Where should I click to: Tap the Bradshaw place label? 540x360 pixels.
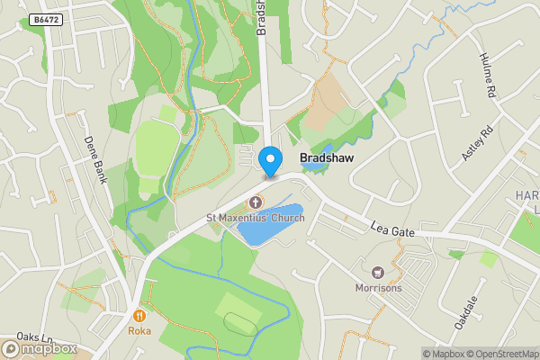[325, 157]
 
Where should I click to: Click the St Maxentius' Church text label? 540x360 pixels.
[255, 218]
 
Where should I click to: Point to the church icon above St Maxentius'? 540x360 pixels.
[255, 202]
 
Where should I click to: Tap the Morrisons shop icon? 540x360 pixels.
[377, 271]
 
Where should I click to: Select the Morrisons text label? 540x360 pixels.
[377, 288]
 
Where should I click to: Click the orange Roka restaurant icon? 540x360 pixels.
[139, 315]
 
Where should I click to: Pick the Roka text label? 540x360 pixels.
[139, 330]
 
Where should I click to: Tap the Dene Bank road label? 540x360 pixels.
[94, 159]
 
